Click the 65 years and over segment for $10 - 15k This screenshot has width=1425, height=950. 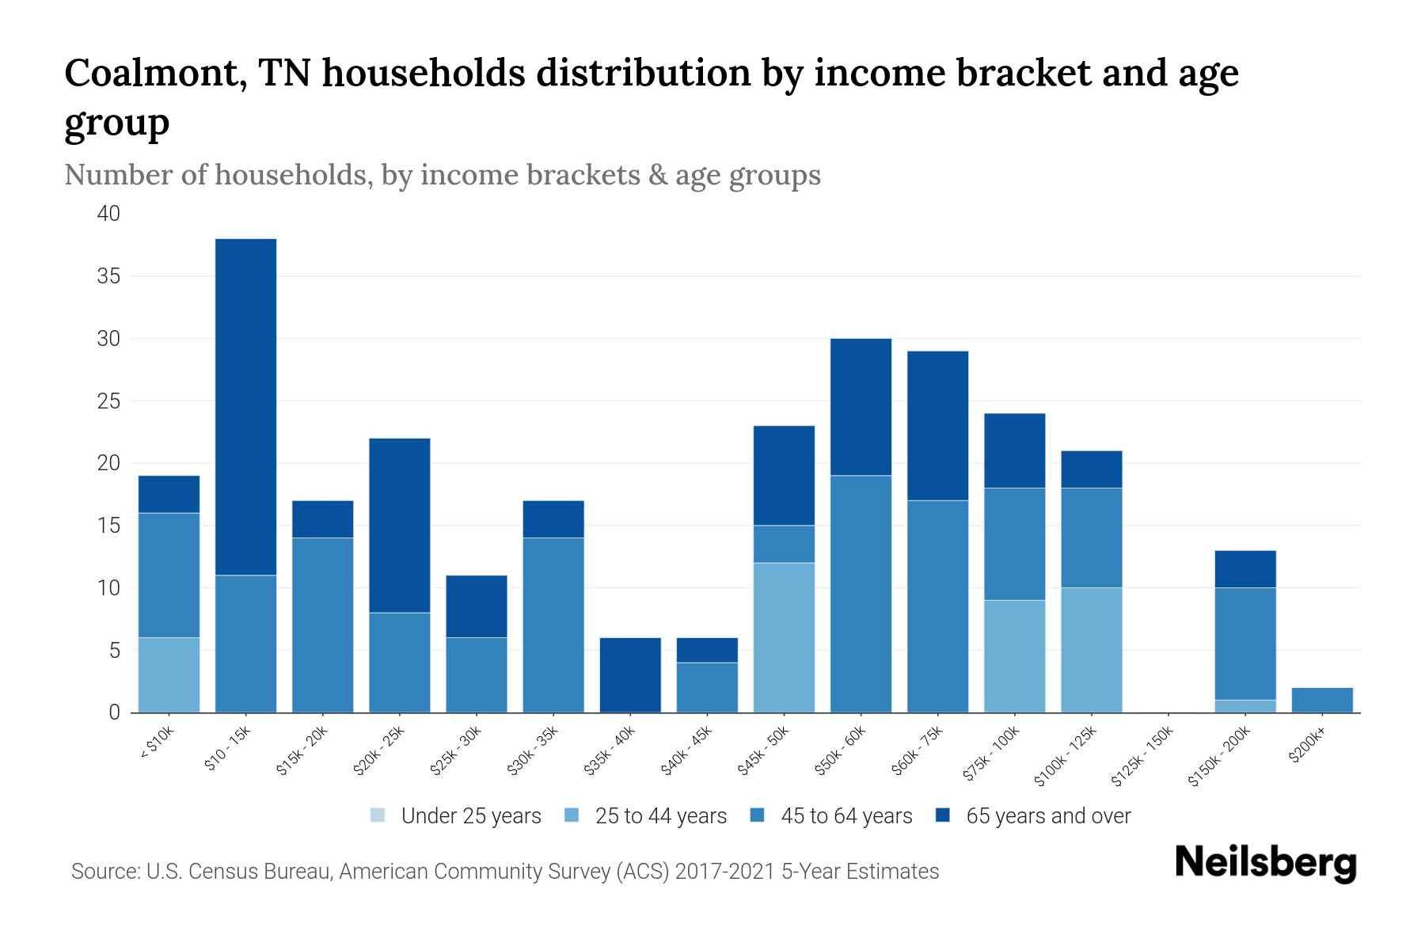click(245, 407)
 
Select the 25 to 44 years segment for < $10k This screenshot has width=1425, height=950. click(169, 674)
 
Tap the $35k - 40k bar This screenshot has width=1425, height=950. click(630, 674)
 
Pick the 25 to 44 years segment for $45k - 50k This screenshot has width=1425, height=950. click(784, 637)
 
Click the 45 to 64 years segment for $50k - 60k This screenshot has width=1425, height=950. click(861, 594)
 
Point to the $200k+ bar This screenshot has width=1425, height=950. click(1322, 700)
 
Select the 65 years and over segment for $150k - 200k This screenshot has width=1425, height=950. click(1245, 568)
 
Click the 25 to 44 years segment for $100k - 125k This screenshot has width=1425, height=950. click(1092, 650)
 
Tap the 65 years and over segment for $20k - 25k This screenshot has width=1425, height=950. click(400, 525)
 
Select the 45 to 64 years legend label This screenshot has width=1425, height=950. click(845, 816)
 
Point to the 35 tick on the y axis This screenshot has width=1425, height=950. click(109, 276)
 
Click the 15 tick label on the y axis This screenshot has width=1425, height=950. click(109, 526)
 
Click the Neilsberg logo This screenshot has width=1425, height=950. click(1265, 863)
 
